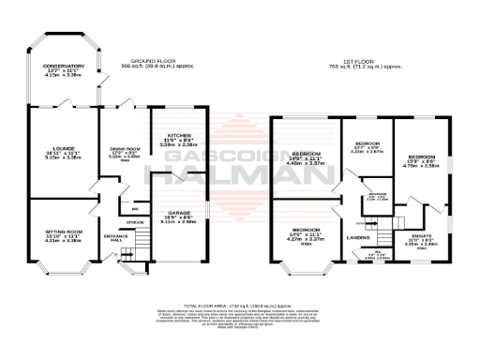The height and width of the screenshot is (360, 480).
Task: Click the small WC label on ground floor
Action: [135, 208]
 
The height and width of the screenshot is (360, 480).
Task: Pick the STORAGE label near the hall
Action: [136, 222]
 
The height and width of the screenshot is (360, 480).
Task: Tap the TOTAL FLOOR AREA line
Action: [239, 307]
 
